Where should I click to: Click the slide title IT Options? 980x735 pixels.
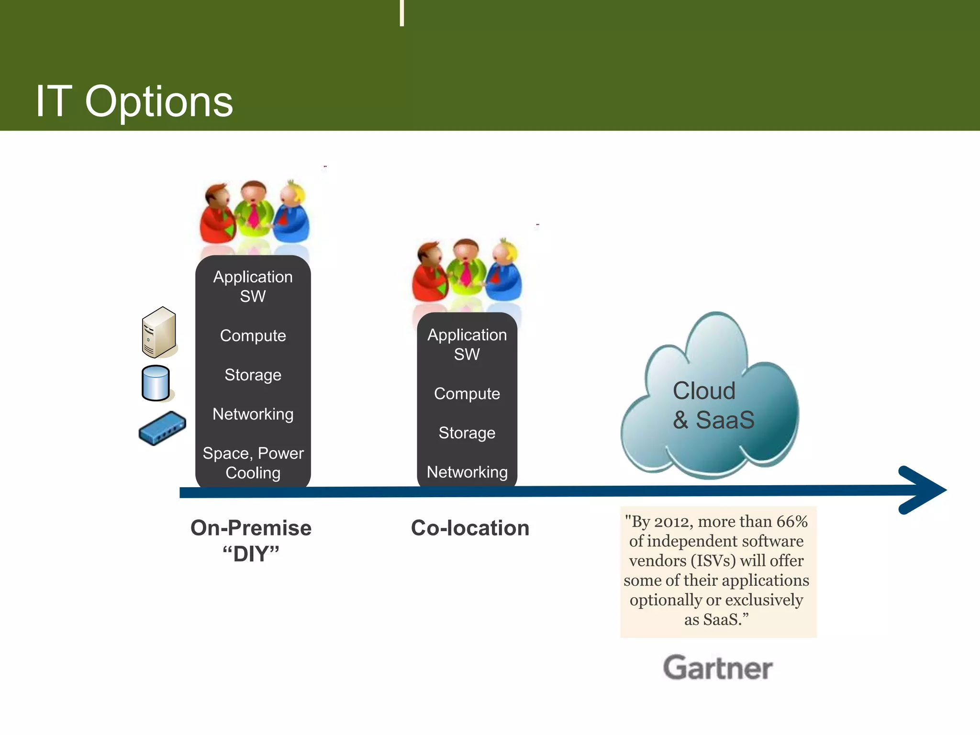[134, 101]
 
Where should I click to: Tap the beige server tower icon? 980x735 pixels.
[159, 333]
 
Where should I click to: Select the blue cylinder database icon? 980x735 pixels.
[156, 383]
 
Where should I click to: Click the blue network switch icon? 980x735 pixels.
[162, 428]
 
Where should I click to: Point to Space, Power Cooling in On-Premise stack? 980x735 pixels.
[253, 463]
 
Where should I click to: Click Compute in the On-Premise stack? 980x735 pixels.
[253, 335]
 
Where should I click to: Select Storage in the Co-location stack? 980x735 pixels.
[467, 433]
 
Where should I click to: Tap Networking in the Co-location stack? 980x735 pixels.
[467, 472]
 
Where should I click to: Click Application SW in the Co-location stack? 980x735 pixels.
[467, 344]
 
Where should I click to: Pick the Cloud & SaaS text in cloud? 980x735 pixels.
[713, 405]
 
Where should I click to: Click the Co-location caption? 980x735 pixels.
[470, 528]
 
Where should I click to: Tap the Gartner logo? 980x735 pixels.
[717, 668]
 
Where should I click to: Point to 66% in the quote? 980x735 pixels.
[791, 521]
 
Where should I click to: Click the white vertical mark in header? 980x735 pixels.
[402, 13]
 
